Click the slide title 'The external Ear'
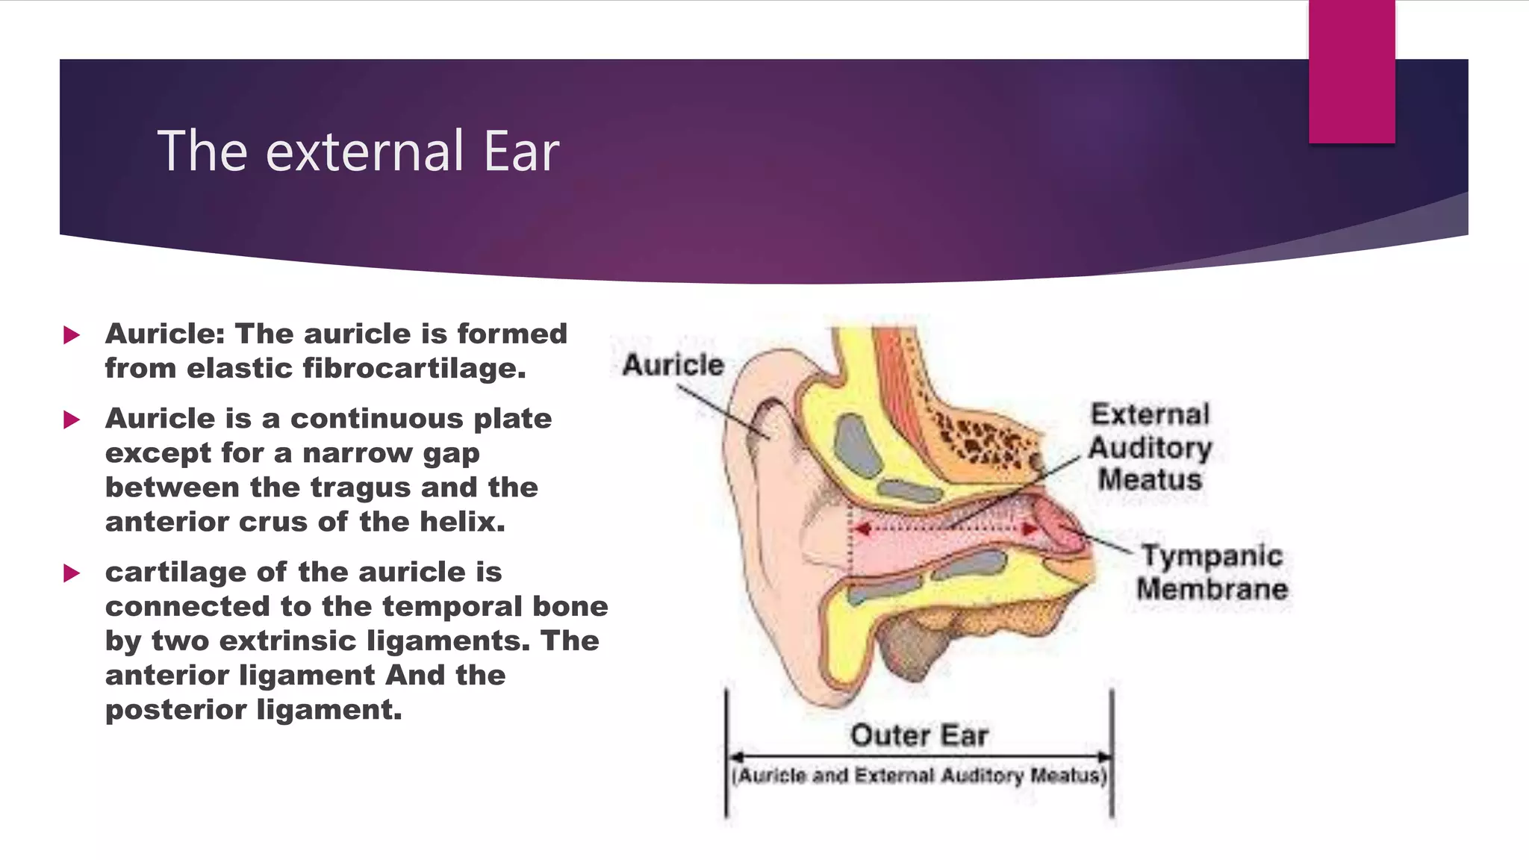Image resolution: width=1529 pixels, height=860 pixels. (358, 152)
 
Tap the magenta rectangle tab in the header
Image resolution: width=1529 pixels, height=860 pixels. (1351, 72)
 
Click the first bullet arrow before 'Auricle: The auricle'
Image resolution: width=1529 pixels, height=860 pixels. (72, 335)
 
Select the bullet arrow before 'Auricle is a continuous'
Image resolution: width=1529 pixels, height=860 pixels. (72, 420)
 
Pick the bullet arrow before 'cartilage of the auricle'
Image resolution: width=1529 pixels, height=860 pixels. (72, 573)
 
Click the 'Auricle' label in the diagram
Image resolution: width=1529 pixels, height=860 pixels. (673, 365)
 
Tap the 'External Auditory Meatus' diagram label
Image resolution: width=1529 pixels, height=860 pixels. (1150, 447)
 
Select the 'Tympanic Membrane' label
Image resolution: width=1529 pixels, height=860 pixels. (1212, 573)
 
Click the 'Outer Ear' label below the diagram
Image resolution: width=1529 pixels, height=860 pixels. (919, 735)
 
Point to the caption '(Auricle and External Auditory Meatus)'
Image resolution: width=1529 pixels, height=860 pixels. (919, 776)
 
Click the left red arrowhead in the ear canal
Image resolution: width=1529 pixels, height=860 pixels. (862, 529)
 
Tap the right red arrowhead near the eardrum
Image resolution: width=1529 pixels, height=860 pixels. (1030, 529)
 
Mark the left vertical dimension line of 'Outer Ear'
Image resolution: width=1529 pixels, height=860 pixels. (726, 754)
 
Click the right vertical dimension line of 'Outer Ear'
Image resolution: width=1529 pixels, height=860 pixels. (1112, 754)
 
